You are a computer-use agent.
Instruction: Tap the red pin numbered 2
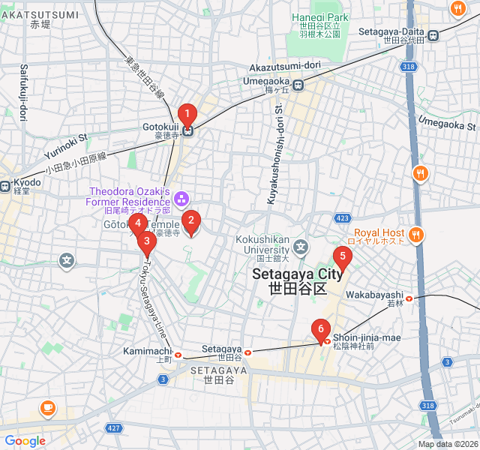point(191,221)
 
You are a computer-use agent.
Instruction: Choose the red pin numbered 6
point(321,329)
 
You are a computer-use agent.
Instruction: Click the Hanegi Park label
point(320,17)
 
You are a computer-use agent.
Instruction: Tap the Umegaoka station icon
point(298,85)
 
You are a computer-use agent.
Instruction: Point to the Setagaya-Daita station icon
point(433,33)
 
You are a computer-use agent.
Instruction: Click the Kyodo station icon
point(4,185)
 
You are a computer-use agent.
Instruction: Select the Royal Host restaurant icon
point(416,235)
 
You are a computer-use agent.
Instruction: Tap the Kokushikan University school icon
point(301,246)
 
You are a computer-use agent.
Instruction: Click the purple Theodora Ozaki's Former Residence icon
point(181,199)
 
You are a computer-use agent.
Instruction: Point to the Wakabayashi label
point(374,295)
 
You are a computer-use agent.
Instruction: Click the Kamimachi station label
point(148,351)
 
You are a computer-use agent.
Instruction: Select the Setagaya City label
point(298,275)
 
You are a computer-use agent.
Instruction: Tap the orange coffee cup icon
point(48,408)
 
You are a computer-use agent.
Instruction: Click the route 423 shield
point(343,218)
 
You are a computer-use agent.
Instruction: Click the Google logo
point(25,441)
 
